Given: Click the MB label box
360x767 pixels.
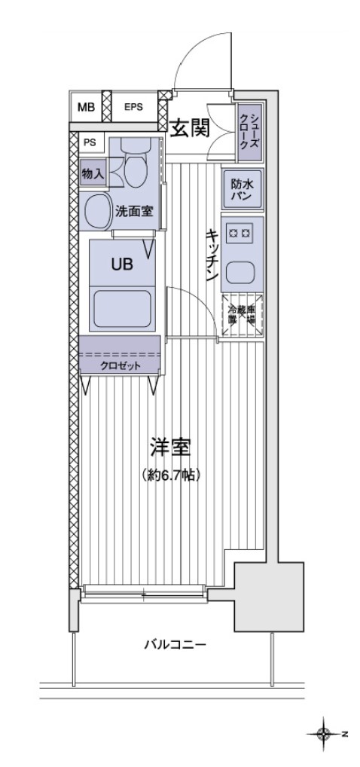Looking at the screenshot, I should [87, 107].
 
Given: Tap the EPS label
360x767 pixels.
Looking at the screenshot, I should [134, 107].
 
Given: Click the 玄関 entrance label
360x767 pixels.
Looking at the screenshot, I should [188, 129].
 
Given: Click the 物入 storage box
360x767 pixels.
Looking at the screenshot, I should [93, 173].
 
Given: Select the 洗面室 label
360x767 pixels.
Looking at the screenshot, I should [134, 212].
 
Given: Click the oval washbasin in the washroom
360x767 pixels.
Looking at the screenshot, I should [96, 212].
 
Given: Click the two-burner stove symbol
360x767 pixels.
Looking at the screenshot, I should [242, 234].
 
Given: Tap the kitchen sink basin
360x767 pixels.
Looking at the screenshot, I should [242, 271].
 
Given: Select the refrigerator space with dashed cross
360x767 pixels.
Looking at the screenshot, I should [242, 309].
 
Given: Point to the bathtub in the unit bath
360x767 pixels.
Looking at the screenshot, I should [122, 309].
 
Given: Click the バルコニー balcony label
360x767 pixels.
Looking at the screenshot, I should [175, 645].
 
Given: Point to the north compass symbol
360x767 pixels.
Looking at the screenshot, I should [325, 733].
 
